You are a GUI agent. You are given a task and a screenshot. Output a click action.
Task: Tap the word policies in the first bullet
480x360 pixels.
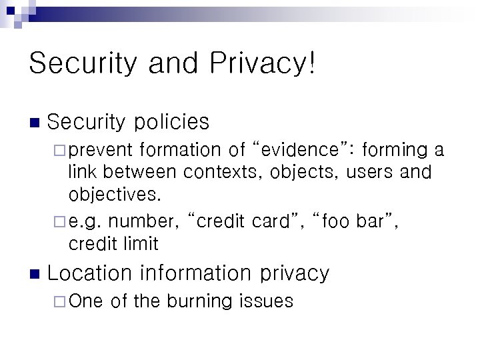click(171, 122)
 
